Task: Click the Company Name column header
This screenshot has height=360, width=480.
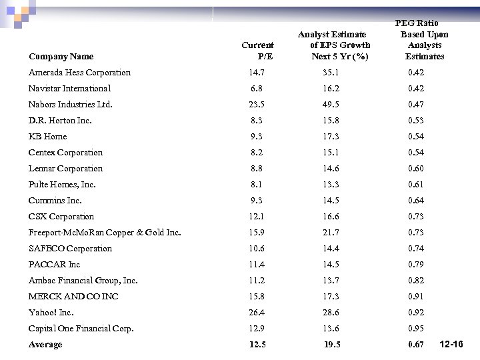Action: click(61, 57)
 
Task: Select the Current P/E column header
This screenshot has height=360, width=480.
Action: click(257, 51)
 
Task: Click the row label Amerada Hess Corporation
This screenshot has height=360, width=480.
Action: click(79, 73)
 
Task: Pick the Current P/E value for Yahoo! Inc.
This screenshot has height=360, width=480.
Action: click(257, 313)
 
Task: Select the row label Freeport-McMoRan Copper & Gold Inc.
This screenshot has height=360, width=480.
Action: click(105, 233)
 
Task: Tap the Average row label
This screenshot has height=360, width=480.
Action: click(45, 345)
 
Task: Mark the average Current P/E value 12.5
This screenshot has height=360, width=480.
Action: click(257, 345)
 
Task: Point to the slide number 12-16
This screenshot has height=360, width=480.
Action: click(452, 344)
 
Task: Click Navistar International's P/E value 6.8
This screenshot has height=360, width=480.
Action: click(257, 89)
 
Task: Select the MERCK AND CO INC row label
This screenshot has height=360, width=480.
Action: click(73, 297)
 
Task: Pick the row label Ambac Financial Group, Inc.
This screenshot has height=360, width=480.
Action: click(83, 281)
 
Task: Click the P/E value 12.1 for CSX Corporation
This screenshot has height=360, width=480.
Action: click(257, 217)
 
